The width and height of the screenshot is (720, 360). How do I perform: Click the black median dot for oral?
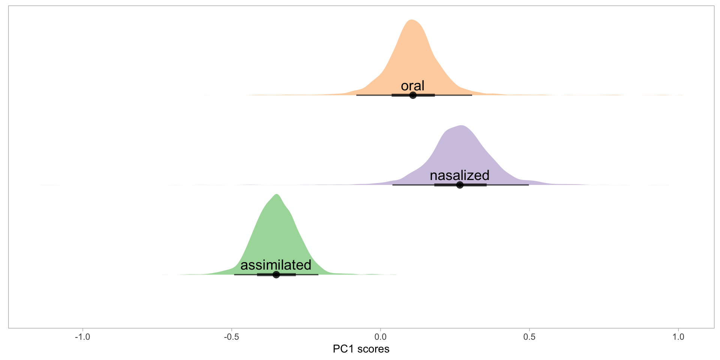pos(413,95)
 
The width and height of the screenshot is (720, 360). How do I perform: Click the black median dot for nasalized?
pos(460,185)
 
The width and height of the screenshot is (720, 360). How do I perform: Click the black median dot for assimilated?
pos(276,274)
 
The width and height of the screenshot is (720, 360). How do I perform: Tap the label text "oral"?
pos(412,85)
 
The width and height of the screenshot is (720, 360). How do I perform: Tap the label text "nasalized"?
pos(459,175)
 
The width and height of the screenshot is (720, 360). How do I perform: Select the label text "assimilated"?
pos(276,265)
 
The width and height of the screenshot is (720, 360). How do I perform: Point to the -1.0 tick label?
pos(82,337)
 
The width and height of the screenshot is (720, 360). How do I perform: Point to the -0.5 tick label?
pos(231,337)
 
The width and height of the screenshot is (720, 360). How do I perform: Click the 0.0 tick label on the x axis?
pos(380,337)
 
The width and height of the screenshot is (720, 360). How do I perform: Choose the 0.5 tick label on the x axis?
pos(529,337)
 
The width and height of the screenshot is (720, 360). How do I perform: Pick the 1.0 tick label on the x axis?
pos(678,337)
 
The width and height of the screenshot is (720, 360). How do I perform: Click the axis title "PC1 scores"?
pos(361,349)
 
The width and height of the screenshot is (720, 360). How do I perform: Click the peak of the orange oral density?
pos(412,20)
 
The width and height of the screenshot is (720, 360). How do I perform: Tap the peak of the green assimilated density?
pos(277,195)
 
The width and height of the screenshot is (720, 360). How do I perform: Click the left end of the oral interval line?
pos(357,95)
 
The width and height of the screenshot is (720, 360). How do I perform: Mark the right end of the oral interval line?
pos(472,95)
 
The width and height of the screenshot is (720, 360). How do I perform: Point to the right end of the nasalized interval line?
pos(528,185)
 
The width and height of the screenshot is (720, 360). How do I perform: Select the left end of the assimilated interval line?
pos(234,274)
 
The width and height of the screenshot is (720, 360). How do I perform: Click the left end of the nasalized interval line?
pos(393,185)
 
